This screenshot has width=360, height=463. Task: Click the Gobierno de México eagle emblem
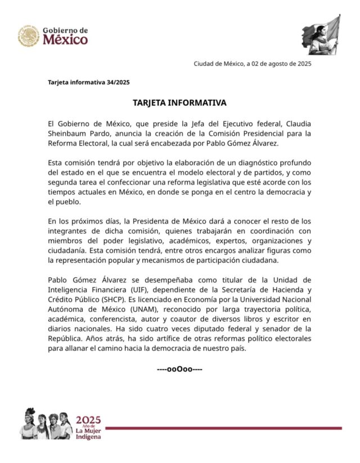[28, 35]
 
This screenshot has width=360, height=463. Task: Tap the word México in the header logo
[66, 40]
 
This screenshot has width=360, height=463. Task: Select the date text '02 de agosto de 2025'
[280, 64]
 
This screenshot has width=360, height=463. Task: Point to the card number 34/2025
[118, 83]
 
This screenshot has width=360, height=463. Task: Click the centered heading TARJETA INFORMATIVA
[179, 103]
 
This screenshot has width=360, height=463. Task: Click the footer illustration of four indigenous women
[47, 424]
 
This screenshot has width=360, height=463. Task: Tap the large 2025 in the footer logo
[88, 420]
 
